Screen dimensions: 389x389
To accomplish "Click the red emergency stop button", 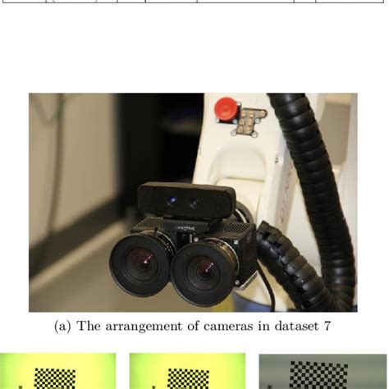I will [x=223, y=108].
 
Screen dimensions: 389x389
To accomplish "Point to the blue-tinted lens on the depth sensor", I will [x=172, y=201].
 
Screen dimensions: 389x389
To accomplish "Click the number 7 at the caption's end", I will [x=327, y=327].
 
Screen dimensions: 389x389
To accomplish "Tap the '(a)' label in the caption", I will [x=62, y=327].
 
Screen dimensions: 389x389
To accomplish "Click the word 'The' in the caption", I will [x=89, y=327].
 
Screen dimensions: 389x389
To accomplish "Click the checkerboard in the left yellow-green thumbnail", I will [x=53, y=378].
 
